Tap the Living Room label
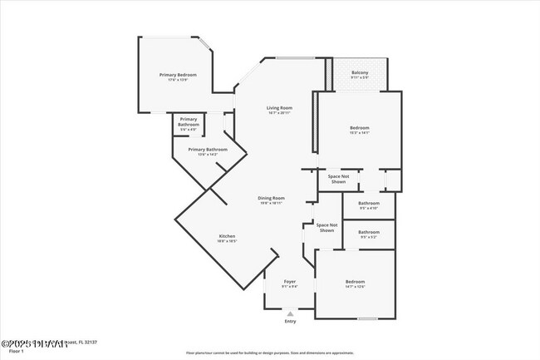coord(279,110)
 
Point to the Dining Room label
coord(272,200)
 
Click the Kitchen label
coord(228,238)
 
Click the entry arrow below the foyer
coord(289,313)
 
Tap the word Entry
coord(289,321)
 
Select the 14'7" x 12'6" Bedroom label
coord(355,284)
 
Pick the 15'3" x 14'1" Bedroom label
coord(359,129)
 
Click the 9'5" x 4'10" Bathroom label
coord(368,205)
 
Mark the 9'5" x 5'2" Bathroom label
coord(368,234)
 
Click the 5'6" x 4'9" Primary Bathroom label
coord(189,124)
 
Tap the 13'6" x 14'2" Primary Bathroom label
coord(207,151)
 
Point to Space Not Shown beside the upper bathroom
coord(338,180)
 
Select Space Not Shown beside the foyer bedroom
coord(326,227)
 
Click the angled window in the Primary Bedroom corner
coord(205,44)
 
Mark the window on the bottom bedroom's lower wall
coord(367,318)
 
